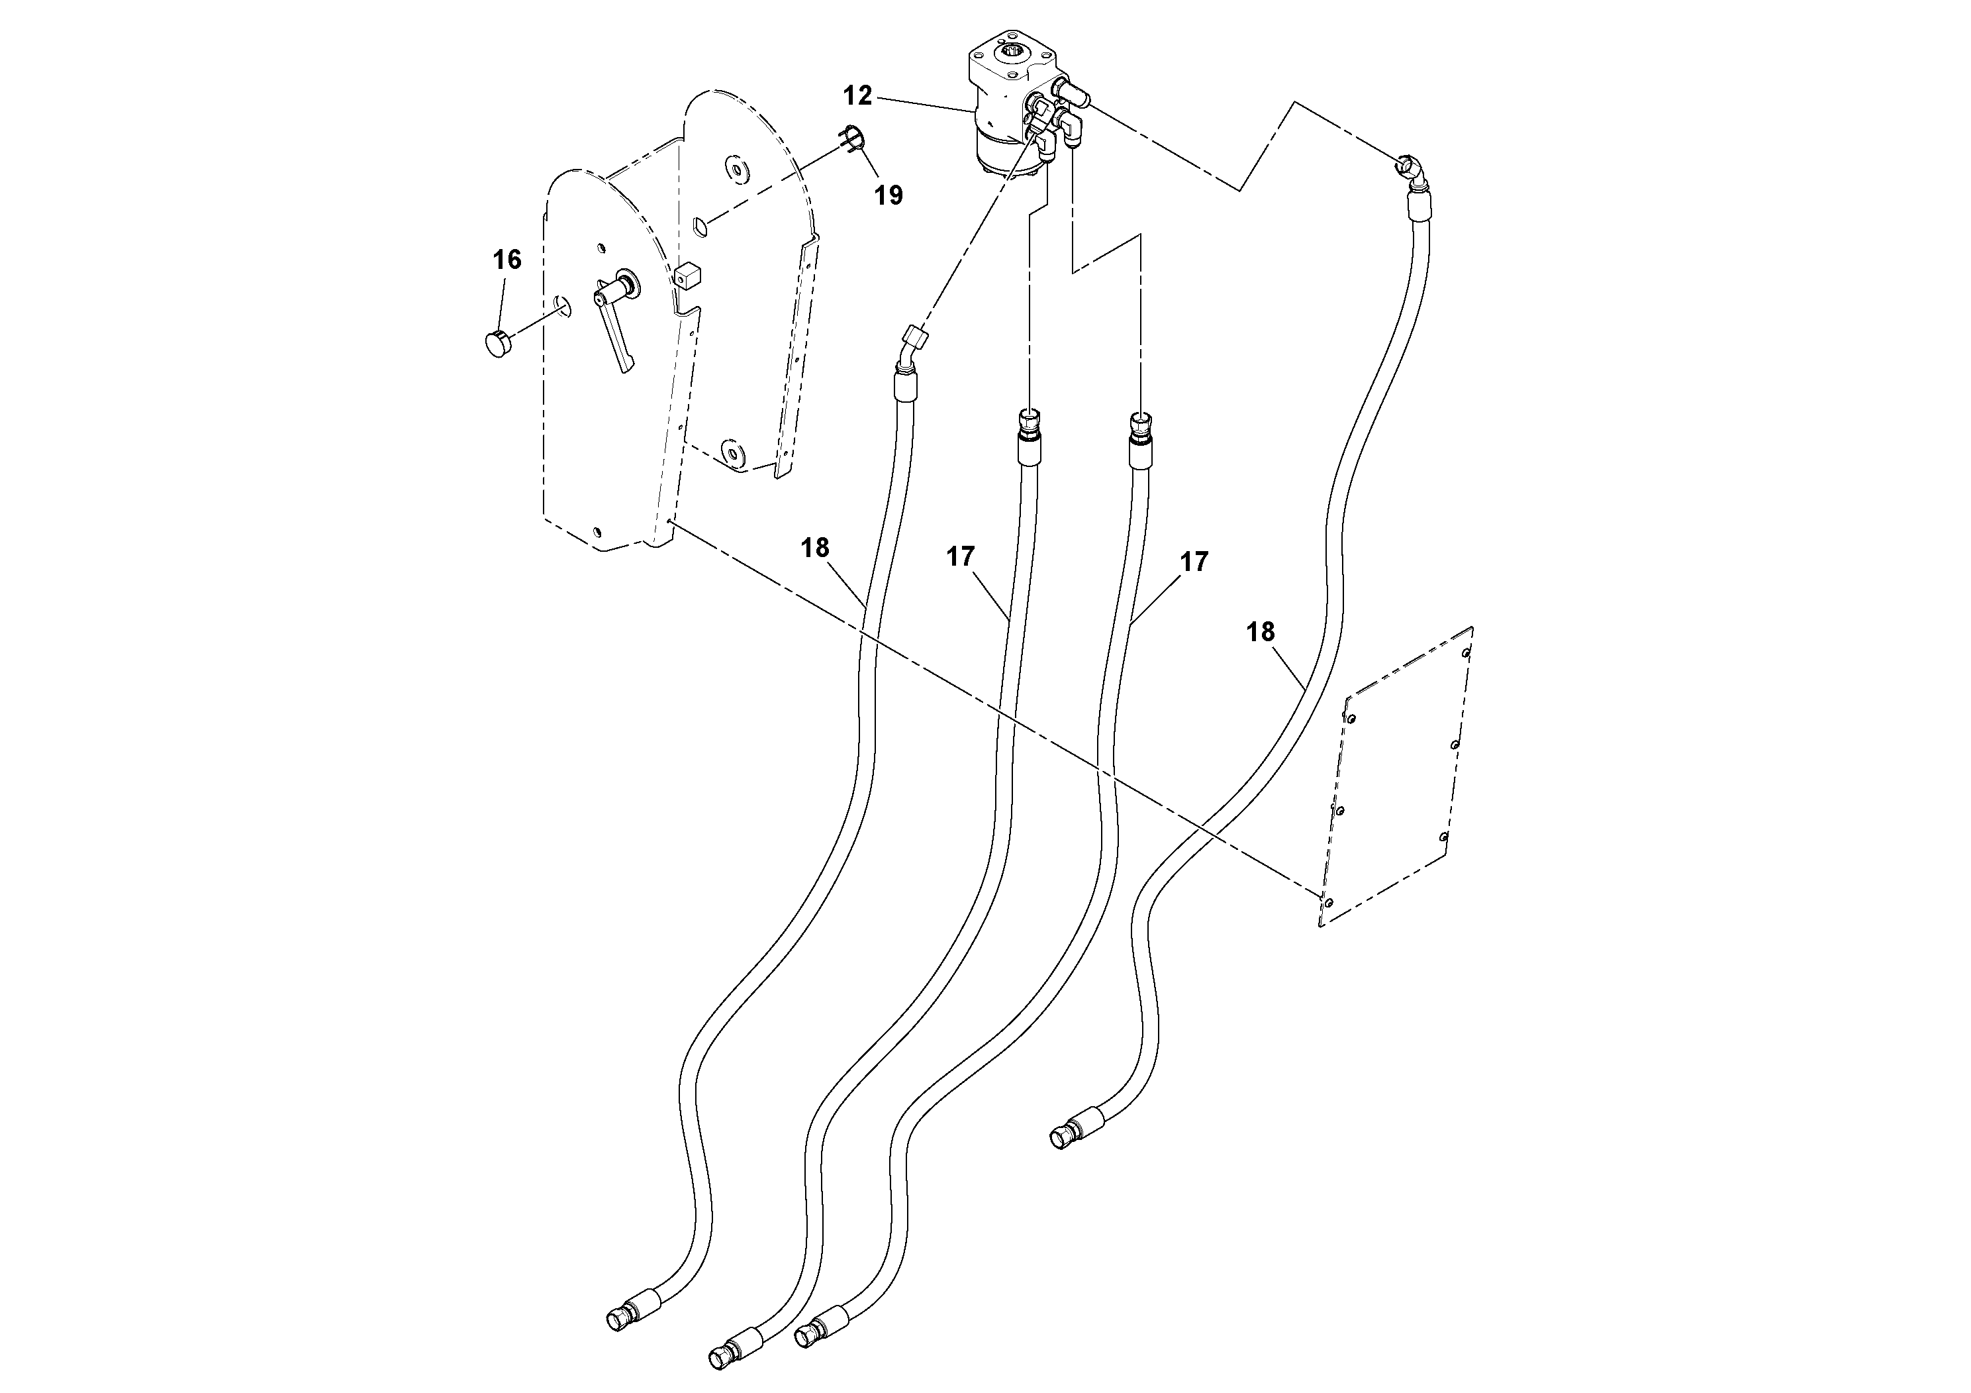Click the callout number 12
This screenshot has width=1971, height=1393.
(x=857, y=95)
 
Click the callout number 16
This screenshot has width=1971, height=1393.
(x=507, y=260)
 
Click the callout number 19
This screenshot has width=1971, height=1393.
(x=889, y=196)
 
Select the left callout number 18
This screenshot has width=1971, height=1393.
(x=814, y=547)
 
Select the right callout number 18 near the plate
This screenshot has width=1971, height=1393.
(x=1260, y=632)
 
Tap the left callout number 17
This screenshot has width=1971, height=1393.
(x=961, y=556)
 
